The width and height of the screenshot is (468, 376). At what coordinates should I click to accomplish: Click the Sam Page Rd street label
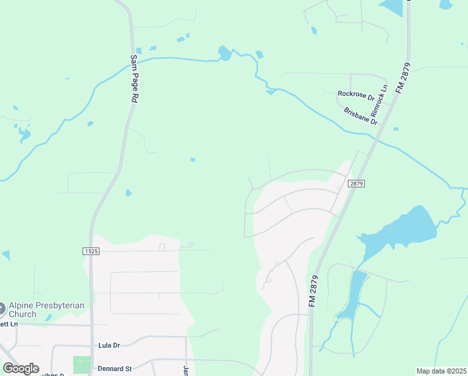(134, 78)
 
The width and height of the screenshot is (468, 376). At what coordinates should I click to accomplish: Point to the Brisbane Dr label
(361, 116)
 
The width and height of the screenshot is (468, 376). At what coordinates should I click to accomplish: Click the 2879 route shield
(357, 184)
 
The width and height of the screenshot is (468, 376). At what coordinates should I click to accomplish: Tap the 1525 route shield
(91, 251)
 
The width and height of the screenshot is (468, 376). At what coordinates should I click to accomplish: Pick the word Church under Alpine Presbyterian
(24, 314)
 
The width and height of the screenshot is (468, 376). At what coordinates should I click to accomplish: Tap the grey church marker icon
(2, 309)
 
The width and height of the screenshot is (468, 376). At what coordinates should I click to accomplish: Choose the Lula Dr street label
(109, 345)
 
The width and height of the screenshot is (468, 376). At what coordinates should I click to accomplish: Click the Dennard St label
(114, 368)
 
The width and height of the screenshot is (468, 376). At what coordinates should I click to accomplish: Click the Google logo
(21, 368)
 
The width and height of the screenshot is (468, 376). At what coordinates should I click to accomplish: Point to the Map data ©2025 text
(440, 371)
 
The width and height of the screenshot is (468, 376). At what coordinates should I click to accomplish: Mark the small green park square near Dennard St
(81, 365)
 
